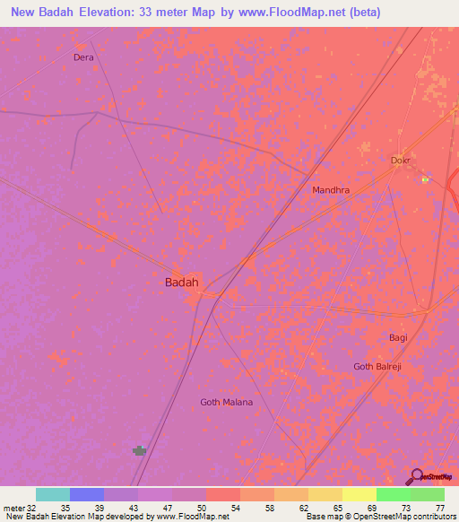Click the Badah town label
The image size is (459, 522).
click(181, 282)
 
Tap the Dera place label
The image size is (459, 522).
click(83, 57)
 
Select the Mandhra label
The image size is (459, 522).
click(330, 191)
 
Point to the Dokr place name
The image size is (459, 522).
click(400, 161)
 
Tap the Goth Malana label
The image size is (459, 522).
click(226, 402)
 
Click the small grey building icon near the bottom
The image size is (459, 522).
click(139, 450)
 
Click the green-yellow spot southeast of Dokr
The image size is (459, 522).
click(426, 178)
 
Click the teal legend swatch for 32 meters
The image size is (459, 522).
click(53, 494)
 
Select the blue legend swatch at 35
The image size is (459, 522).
click(87, 494)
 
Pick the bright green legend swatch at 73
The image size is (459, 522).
click(393, 494)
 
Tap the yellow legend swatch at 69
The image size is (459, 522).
click(359, 494)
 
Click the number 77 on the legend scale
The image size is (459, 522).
click(439, 508)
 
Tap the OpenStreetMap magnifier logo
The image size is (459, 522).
click(416, 476)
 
